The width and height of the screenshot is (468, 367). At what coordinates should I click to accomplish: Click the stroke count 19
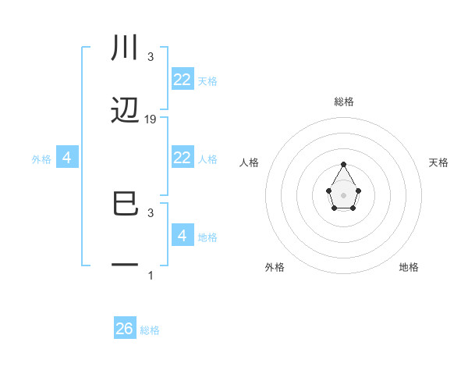[151, 119]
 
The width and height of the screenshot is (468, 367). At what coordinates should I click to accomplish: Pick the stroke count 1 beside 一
[151, 275]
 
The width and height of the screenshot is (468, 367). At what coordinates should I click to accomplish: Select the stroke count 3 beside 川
[151, 57]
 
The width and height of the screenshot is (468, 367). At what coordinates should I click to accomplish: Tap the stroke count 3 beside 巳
[151, 212]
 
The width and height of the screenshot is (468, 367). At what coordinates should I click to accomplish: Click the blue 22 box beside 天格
[183, 80]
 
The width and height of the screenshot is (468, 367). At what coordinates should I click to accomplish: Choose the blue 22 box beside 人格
[183, 158]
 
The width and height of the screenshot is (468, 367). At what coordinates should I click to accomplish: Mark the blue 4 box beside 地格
[183, 236]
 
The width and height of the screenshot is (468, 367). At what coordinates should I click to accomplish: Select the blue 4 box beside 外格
[67, 158]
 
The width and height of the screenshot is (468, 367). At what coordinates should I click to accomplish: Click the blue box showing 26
[125, 329]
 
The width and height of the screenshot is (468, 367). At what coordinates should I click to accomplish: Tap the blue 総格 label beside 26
[150, 330]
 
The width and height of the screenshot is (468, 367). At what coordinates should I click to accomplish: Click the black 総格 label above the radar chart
[344, 102]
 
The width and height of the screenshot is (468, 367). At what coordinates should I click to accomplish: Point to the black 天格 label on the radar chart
[439, 162]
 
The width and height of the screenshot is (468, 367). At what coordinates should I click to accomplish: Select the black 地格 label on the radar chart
[409, 267]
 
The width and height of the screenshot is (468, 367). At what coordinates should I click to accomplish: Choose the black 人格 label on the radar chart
[250, 162]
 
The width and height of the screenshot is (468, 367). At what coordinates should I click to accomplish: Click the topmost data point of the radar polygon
[344, 164]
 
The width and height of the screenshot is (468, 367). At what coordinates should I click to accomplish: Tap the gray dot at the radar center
[344, 194]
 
